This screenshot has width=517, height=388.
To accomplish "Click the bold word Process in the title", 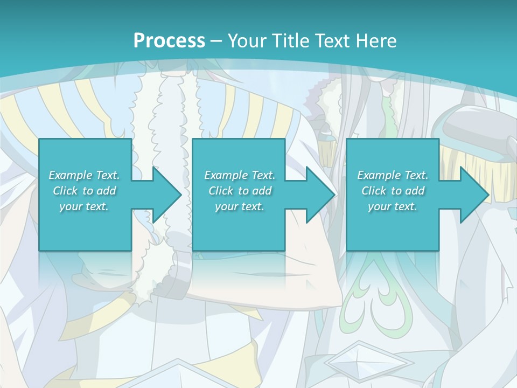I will [169, 41].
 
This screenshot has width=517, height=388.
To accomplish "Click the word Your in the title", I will [246, 41].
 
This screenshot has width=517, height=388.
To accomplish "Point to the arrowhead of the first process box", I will [164, 195].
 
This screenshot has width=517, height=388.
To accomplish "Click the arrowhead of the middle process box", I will [318, 195].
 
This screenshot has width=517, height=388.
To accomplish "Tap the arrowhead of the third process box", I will [472, 195].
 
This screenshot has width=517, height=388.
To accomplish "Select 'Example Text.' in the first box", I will [84, 175].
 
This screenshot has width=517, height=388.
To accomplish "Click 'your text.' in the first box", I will [84, 206].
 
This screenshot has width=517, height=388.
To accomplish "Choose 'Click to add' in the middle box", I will [240, 191].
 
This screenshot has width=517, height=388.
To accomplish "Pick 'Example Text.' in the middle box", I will [240, 175].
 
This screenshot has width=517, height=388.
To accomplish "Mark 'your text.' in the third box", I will [393, 206].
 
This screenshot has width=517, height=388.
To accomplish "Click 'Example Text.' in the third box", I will [393, 175].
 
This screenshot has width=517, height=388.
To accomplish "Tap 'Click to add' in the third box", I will [393, 191].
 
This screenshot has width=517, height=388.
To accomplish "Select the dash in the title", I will [216, 41].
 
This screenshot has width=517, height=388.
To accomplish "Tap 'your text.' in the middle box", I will [240, 206].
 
